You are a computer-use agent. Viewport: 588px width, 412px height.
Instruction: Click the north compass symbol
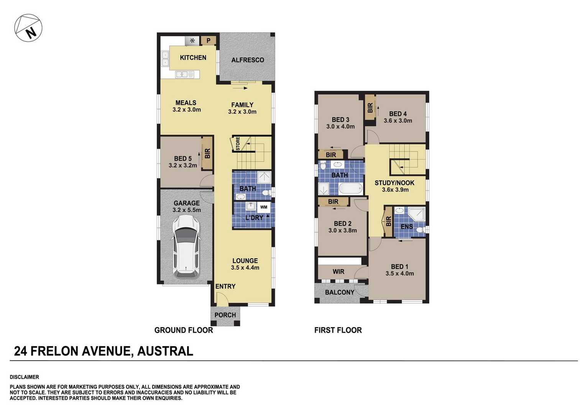click(x=28, y=28)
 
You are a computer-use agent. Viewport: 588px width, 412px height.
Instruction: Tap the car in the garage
click(x=186, y=246)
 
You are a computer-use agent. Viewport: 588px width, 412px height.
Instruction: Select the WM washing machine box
click(x=264, y=207)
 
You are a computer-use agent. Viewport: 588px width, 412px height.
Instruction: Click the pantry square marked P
click(x=209, y=40)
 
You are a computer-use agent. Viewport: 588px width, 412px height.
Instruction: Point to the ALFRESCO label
click(x=248, y=60)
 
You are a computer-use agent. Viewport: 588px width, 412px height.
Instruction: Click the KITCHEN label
click(x=193, y=57)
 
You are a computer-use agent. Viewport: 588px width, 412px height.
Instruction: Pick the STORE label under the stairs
click(x=238, y=144)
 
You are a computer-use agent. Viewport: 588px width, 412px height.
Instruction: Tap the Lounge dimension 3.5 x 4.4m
click(x=245, y=268)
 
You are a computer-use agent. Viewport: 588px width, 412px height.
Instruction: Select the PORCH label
click(x=225, y=315)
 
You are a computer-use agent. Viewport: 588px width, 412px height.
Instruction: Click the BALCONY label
click(x=339, y=292)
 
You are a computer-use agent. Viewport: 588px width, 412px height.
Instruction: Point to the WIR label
click(x=338, y=272)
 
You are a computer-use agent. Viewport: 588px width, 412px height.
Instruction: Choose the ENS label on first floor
click(x=406, y=227)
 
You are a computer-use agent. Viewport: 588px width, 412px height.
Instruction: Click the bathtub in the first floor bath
click(x=350, y=188)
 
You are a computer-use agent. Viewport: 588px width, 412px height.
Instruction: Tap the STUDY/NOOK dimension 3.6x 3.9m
click(x=395, y=190)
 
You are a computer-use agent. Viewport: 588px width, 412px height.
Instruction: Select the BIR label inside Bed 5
click(x=207, y=153)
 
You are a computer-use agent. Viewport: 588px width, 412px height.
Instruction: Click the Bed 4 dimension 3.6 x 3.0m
click(x=397, y=121)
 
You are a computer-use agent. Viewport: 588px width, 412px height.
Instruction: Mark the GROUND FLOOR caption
click(x=183, y=330)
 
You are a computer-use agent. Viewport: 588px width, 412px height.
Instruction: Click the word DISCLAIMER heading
click(x=25, y=377)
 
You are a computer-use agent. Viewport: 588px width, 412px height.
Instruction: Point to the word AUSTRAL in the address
click(x=165, y=351)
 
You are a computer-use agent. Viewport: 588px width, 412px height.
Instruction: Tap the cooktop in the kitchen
click(x=192, y=40)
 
